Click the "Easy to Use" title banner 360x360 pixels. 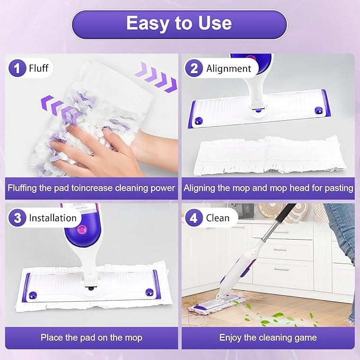coord(179,24)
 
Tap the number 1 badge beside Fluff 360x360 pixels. coord(17,68)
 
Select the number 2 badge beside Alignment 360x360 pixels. coord(194,68)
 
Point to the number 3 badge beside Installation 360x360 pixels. coord(17,218)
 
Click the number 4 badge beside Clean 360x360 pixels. coord(194,218)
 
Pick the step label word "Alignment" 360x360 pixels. coord(229,68)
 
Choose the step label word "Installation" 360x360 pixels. coord(52,218)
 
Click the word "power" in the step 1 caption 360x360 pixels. coord(162,188)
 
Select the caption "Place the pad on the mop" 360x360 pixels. coord(92,337)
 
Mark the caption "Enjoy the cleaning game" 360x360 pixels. coord(268,337)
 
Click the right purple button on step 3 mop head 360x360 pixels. coord(149,292)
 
